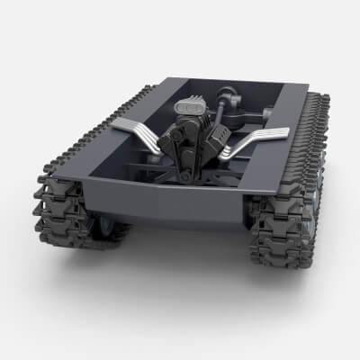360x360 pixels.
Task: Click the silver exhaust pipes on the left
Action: tap(144, 133)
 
